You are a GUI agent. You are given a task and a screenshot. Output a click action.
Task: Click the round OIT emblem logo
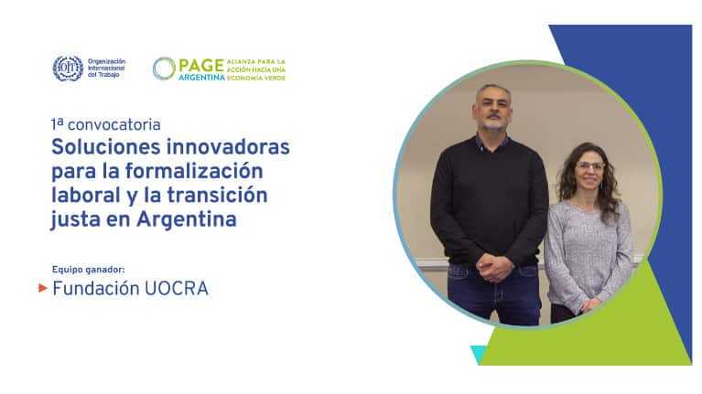[68, 69]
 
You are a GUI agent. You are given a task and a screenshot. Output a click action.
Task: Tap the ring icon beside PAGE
[164, 69]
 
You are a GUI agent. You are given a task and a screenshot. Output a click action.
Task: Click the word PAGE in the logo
[201, 65]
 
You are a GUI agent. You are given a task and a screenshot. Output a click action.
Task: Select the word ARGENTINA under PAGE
[201, 78]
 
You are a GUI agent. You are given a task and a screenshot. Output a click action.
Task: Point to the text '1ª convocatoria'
[105, 124]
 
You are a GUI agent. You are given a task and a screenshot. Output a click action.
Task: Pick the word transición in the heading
[217, 195]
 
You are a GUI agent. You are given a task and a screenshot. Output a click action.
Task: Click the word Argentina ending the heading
[187, 219]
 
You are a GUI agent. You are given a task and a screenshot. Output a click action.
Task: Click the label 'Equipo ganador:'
[88, 270]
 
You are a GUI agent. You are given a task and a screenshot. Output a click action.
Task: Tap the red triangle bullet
[43, 288]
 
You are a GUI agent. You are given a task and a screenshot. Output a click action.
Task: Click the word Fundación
[96, 289]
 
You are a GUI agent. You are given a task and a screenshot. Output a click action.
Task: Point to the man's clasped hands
[494, 269]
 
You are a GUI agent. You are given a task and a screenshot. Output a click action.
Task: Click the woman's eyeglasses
[590, 166]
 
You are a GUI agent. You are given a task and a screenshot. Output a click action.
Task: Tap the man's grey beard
[493, 122]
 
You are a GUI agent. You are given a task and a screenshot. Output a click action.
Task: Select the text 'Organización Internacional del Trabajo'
[106, 69]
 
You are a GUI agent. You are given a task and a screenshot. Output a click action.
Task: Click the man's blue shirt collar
[492, 143]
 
